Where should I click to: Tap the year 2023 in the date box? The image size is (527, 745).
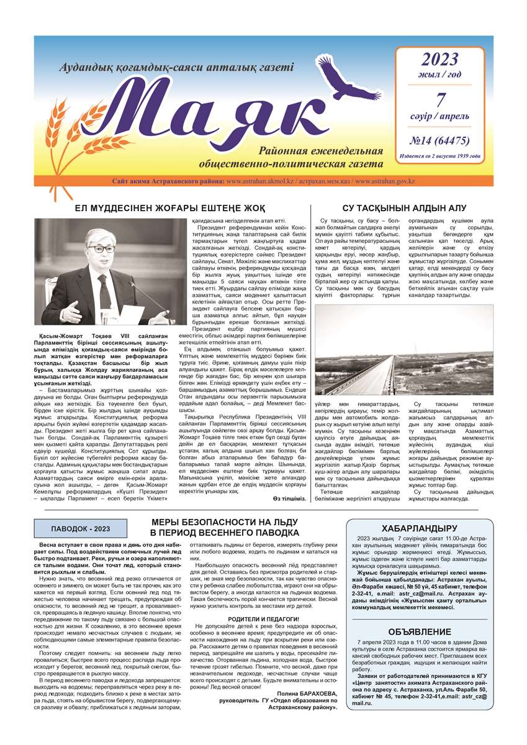click(x=440, y=60)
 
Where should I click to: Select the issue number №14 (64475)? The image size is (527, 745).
click(x=440, y=140)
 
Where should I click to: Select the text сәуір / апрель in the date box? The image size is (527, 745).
click(x=440, y=116)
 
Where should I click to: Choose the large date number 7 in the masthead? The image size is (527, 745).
click(x=440, y=99)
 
